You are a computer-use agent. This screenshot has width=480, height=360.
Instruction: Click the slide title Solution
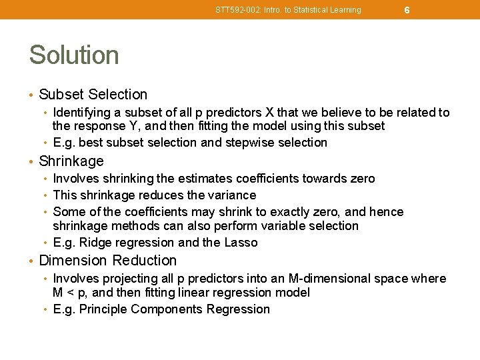[x=74, y=55]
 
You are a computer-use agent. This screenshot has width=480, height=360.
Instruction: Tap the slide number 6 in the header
[x=407, y=10]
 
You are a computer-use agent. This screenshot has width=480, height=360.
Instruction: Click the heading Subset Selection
[x=93, y=95]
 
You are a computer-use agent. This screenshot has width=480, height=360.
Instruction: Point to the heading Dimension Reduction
[x=108, y=261]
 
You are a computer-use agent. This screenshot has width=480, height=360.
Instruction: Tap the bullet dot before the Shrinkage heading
[x=32, y=161]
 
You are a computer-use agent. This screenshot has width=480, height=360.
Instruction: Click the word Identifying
[x=83, y=113]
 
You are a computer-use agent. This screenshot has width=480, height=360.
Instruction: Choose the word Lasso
[x=241, y=243]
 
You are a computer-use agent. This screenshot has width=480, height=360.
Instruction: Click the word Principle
[x=103, y=309]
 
